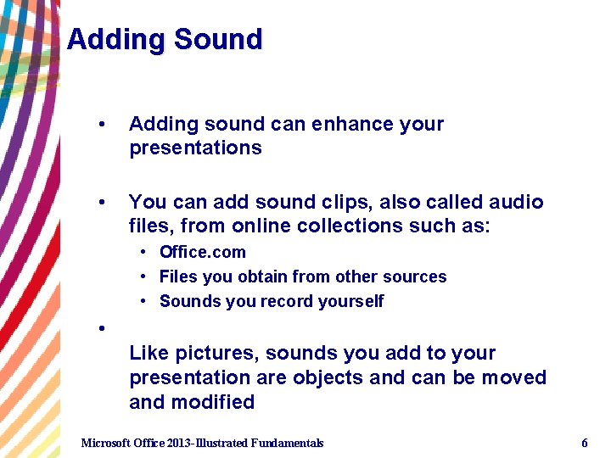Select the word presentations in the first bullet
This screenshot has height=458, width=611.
pyautogui.click(x=195, y=148)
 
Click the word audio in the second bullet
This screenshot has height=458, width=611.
pyautogui.click(x=516, y=203)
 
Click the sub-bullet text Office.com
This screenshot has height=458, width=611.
pyautogui.click(x=203, y=253)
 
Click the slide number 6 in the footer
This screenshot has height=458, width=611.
pyautogui.click(x=585, y=444)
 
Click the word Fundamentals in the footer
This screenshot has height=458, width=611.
pyautogui.click(x=282, y=444)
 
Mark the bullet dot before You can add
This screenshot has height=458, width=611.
pyautogui.click(x=102, y=203)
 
